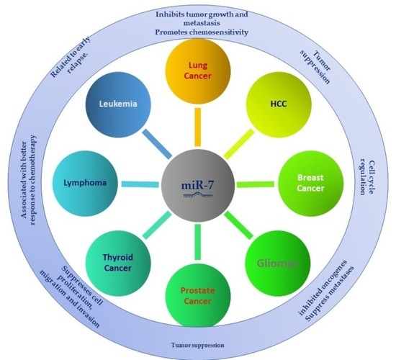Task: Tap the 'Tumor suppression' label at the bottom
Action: point(197,343)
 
